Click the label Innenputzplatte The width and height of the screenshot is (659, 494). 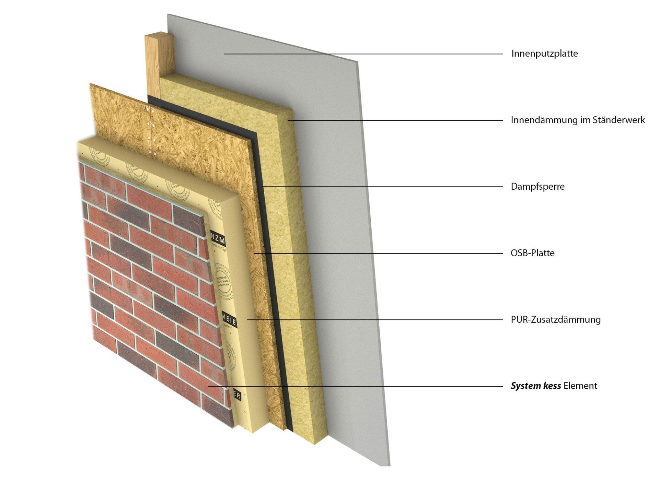(544, 54)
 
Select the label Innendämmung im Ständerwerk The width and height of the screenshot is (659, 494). (578, 120)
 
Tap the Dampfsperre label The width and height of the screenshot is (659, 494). (537, 187)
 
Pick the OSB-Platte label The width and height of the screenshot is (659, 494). (532, 253)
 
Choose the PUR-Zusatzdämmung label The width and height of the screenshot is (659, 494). (556, 320)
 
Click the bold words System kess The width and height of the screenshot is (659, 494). (535, 386)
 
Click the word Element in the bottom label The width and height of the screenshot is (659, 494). (580, 386)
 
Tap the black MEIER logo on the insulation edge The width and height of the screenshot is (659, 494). (229, 319)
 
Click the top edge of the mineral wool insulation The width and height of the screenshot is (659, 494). (227, 93)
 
